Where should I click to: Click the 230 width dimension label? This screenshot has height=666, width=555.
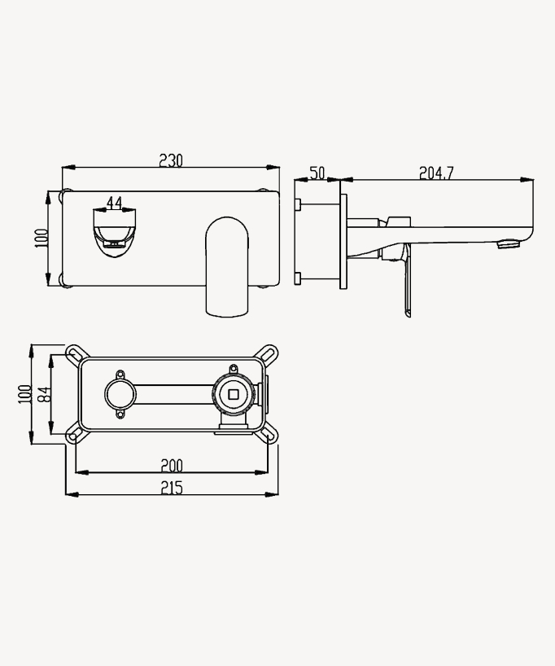(170, 160)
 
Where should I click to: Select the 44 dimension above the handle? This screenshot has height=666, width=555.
(114, 202)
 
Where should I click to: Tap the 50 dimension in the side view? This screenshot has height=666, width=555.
(317, 173)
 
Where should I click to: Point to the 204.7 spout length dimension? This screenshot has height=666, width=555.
(436, 173)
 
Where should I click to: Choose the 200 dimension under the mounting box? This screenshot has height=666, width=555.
(171, 465)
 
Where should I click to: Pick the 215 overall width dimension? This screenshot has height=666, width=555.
(171, 487)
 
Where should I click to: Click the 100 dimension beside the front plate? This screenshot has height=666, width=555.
(42, 238)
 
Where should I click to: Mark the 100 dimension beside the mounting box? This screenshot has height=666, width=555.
(24, 395)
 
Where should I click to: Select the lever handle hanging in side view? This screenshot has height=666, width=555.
(406, 285)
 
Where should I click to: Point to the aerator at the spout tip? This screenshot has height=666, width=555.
(509, 243)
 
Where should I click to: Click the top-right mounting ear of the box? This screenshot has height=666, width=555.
(268, 353)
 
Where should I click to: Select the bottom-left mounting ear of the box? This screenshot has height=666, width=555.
(74, 436)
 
